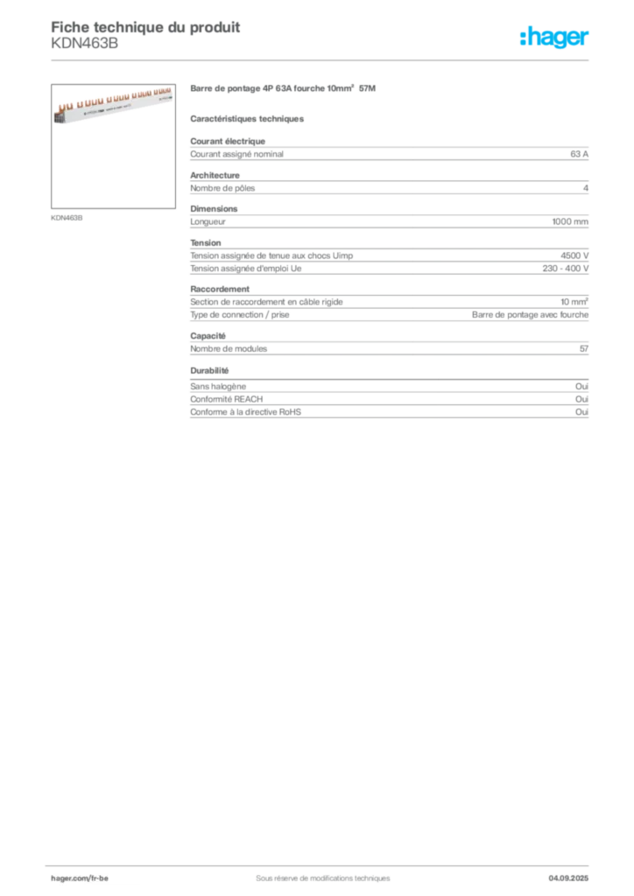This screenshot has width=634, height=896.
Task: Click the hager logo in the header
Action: click(x=554, y=37)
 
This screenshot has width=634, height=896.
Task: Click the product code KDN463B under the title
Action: click(x=85, y=44)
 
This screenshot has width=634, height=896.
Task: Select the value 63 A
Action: click(x=579, y=154)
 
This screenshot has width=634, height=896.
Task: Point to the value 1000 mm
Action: click(x=570, y=221)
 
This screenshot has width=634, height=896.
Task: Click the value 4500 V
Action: click(x=574, y=256)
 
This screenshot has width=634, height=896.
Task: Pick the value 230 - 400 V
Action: click(x=566, y=269)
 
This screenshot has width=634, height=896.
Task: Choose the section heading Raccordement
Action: click(x=220, y=289)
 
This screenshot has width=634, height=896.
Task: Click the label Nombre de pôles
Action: click(x=222, y=188)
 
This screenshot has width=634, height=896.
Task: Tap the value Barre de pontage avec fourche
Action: click(x=530, y=315)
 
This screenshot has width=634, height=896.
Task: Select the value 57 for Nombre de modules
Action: click(x=584, y=348)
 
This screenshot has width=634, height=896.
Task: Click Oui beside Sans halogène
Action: click(x=582, y=386)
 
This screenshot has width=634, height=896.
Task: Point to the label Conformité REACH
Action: click(x=227, y=399)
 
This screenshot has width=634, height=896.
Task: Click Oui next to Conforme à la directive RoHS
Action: click(x=582, y=412)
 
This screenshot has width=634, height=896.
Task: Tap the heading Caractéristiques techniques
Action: click(x=247, y=119)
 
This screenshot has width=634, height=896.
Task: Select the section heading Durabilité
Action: click(x=209, y=371)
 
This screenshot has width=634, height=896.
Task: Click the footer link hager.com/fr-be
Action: click(x=80, y=878)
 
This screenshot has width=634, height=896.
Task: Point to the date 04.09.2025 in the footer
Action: click(x=568, y=878)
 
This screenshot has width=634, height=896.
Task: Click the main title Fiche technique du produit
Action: click(x=145, y=27)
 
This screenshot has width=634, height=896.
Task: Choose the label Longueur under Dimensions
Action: click(x=208, y=221)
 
